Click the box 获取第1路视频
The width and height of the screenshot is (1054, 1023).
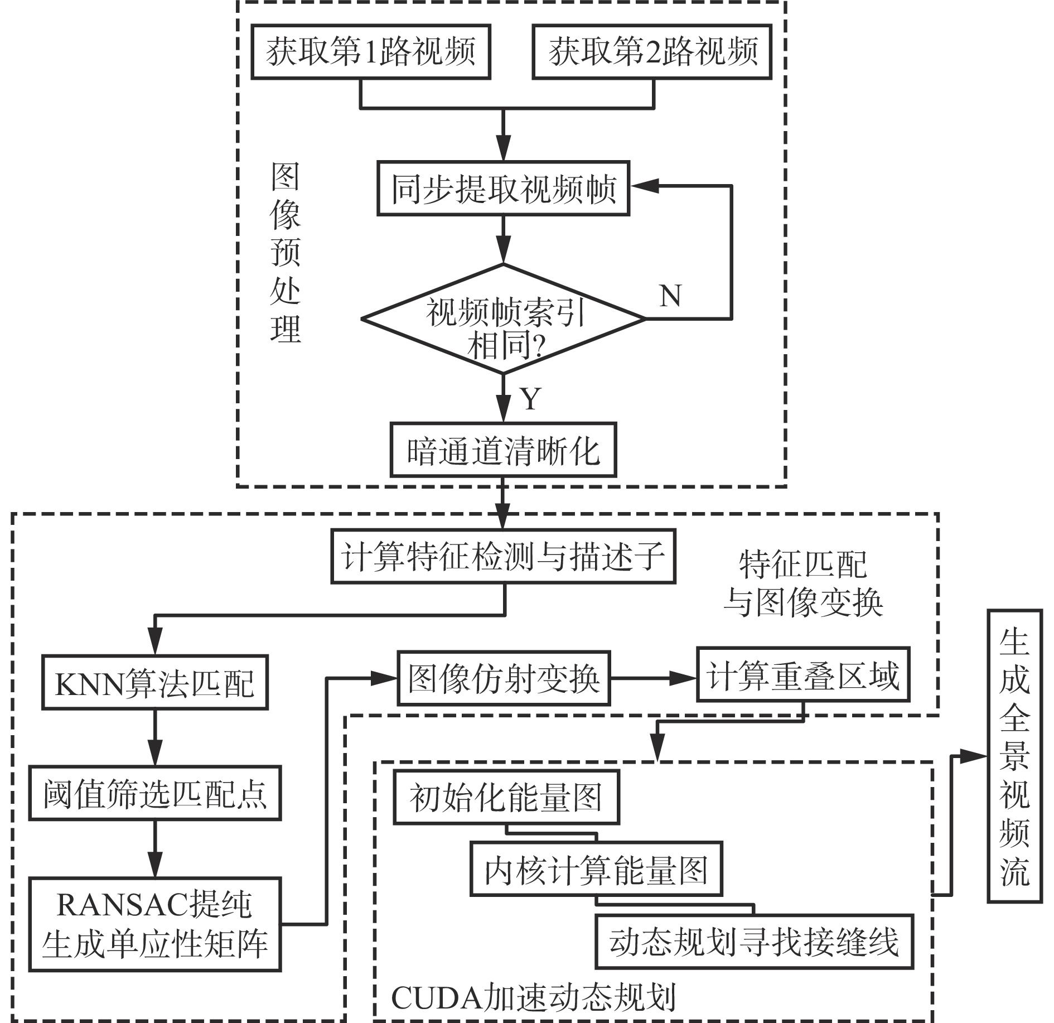(x=371, y=51)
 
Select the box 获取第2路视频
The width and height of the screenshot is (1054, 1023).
(x=652, y=51)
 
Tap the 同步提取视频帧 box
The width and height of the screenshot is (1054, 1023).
(x=503, y=189)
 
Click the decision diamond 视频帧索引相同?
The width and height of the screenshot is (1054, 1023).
(x=504, y=319)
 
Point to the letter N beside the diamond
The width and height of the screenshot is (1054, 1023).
(x=670, y=296)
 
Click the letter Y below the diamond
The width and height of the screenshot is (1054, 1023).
(x=530, y=399)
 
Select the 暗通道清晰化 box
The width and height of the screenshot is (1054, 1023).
(x=503, y=450)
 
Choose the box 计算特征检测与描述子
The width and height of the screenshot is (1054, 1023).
(x=503, y=557)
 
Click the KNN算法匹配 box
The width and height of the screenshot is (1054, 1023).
(x=155, y=682)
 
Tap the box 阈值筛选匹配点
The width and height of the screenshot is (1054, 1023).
(x=155, y=793)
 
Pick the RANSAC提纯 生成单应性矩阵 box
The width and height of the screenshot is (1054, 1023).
(x=155, y=924)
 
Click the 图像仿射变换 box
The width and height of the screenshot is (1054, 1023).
(x=504, y=678)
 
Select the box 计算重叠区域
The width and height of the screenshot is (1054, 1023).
(x=803, y=674)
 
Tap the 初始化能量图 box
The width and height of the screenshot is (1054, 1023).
(x=506, y=798)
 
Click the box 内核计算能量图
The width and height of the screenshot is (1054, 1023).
(x=596, y=869)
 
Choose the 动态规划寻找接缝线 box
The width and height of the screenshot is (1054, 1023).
(x=755, y=941)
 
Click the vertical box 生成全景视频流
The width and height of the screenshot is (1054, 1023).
(x=1014, y=756)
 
